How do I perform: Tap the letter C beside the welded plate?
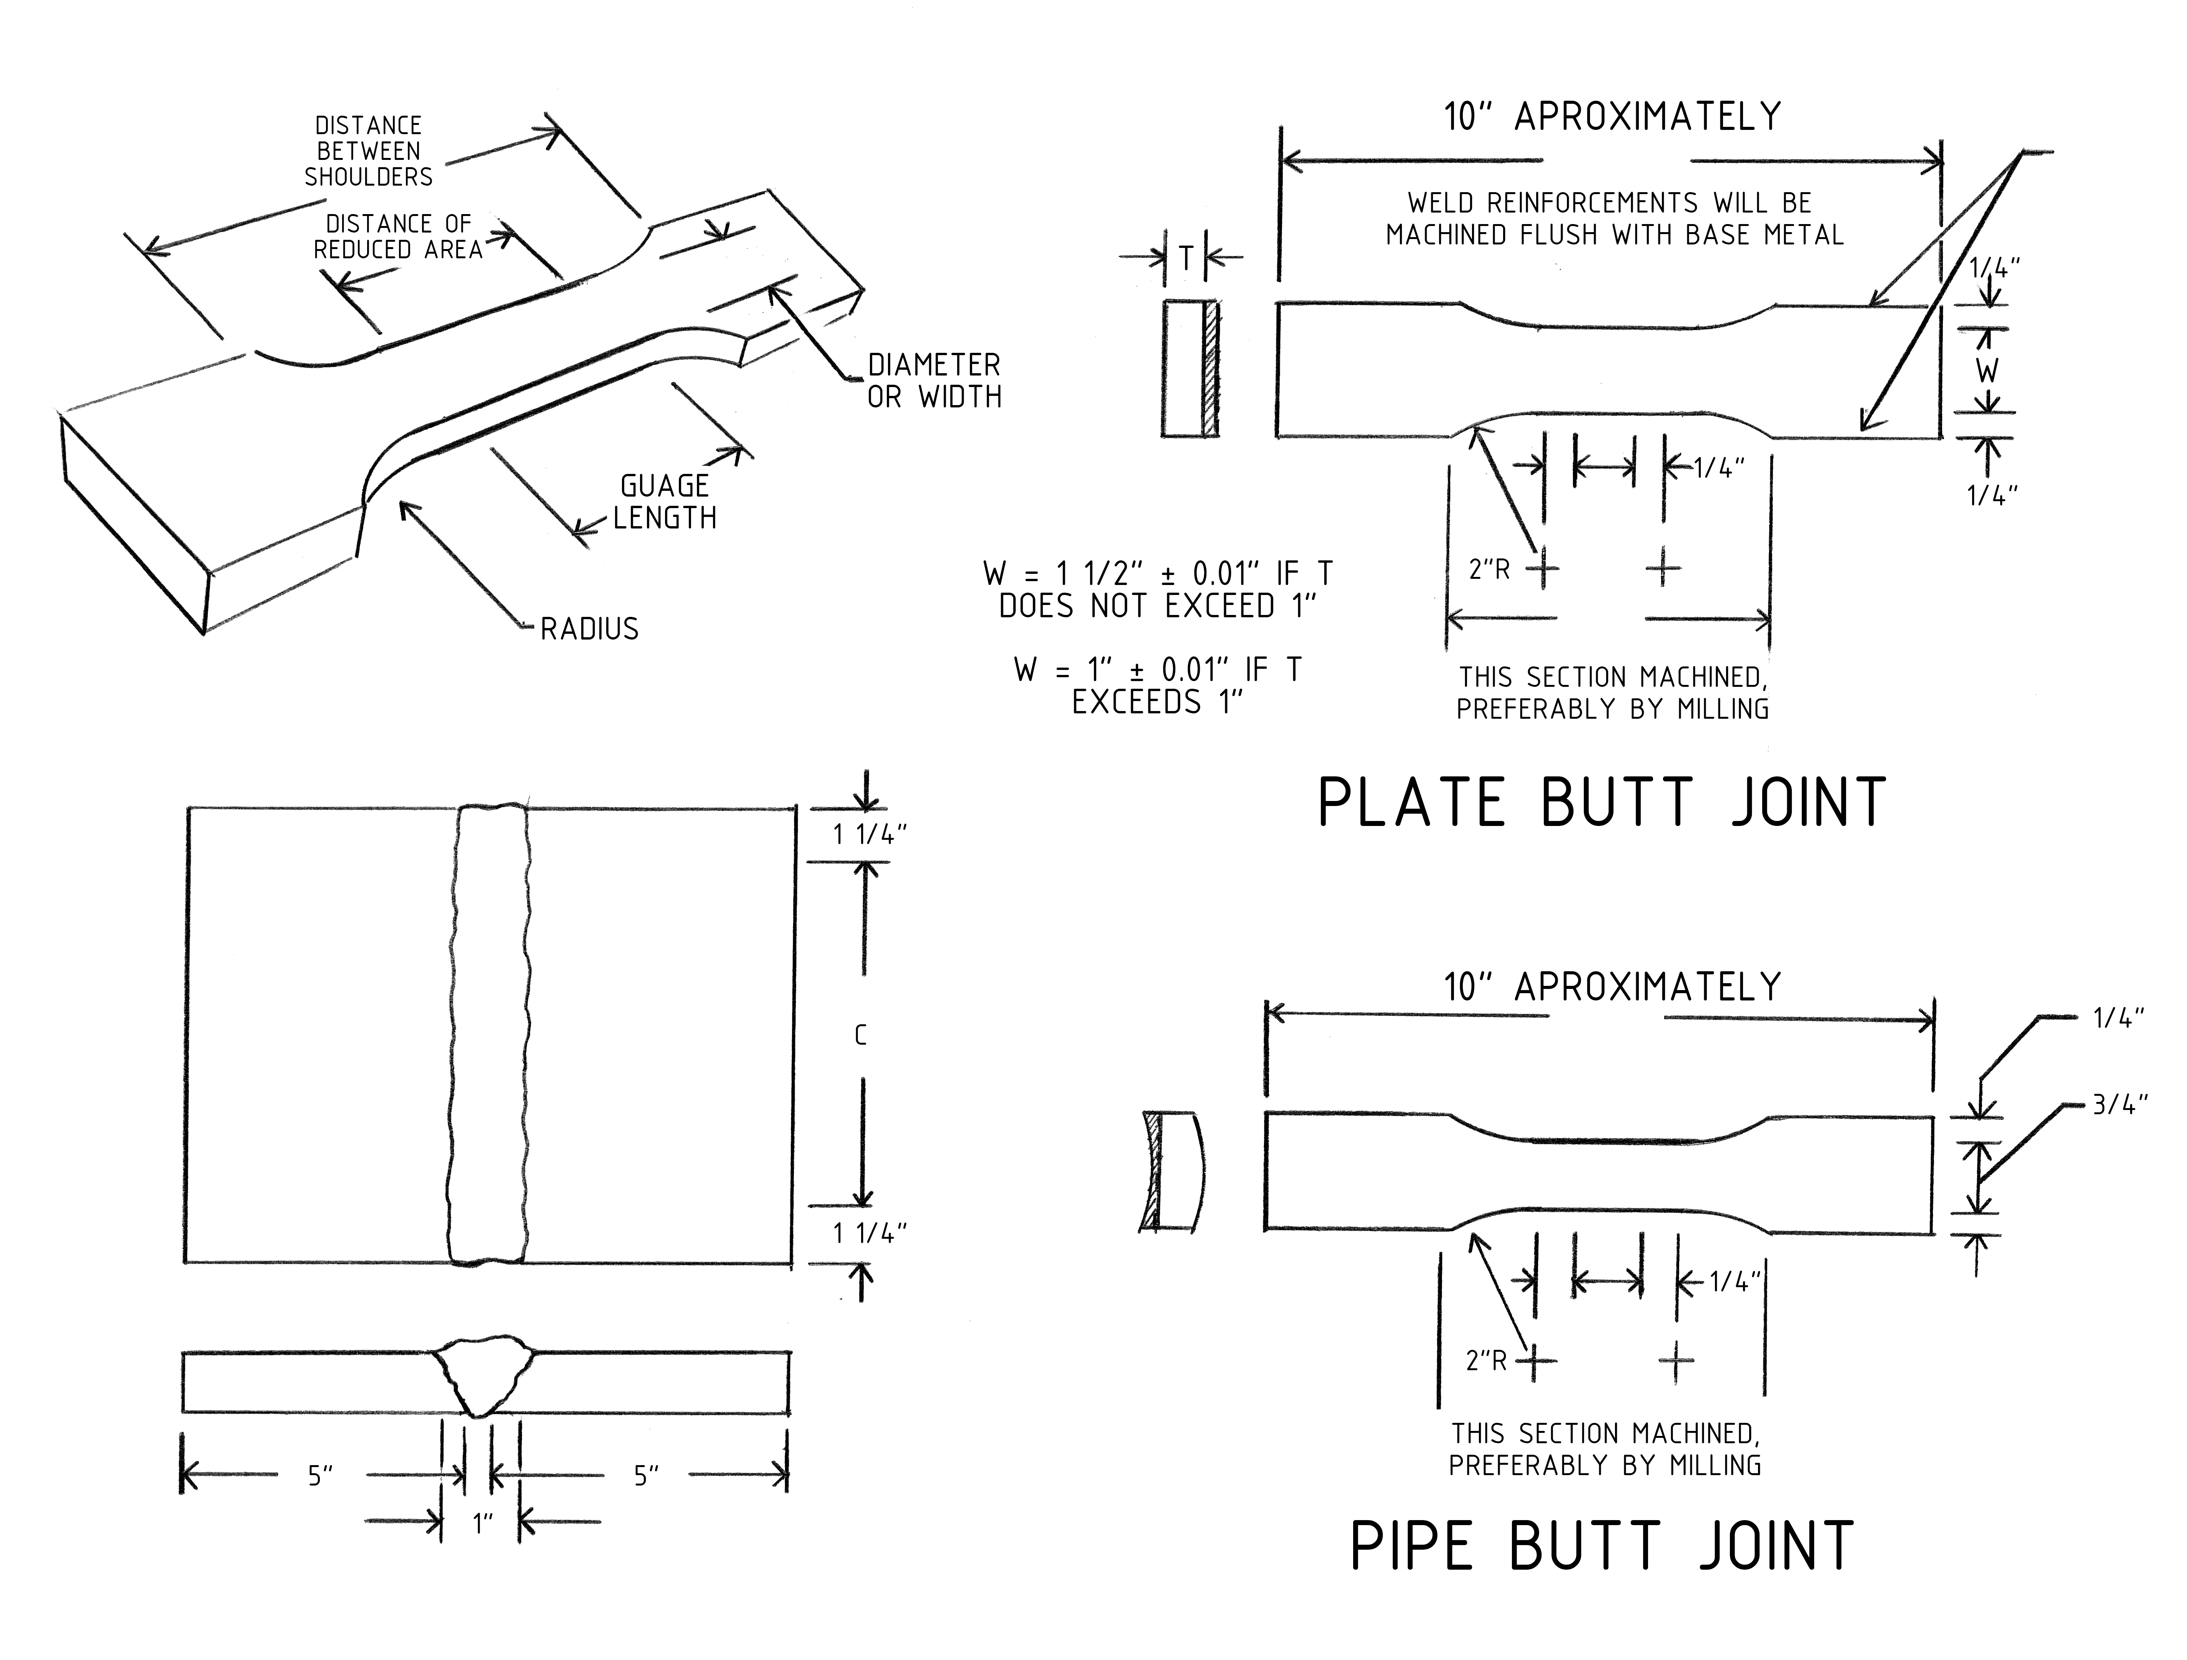point(860,1036)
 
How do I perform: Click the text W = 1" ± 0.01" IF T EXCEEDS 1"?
point(1157,686)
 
